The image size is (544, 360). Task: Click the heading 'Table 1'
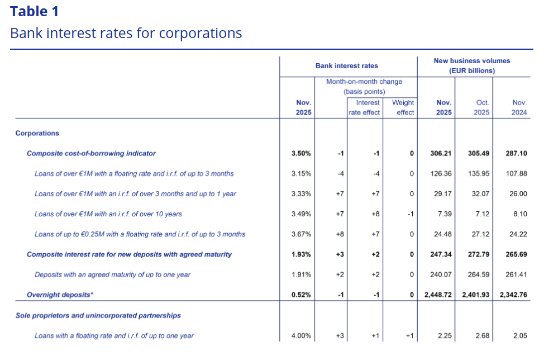[x=34, y=11]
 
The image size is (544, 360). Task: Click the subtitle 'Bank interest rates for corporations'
[x=126, y=33]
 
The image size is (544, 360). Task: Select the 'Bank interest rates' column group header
[x=346, y=66]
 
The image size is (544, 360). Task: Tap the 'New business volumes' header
[x=472, y=65]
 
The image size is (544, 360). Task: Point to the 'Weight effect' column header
[x=403, y=107]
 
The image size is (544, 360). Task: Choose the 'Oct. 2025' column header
[x=482, y=107]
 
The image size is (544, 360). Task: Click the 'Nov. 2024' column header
[x=519, y=107]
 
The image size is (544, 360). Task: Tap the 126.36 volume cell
[x=441, y=173]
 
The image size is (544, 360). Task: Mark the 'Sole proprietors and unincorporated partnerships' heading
[x=98, y=315]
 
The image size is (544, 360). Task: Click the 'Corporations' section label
[x=37, y=133]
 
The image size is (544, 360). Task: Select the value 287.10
[x=516, y=153]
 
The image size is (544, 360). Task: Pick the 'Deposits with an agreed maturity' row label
[x=112, y=274]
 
